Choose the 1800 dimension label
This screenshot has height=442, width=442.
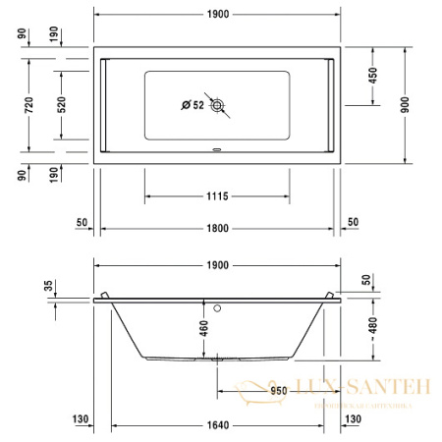coord(217,228)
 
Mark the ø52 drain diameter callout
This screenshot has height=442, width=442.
coord(191,104)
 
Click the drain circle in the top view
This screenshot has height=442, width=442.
coord(217,104)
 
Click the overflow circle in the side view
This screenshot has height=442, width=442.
coord(218,304)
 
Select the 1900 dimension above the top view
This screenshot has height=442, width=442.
coord(217,17)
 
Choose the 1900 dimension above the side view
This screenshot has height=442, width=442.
coord(217,265)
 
